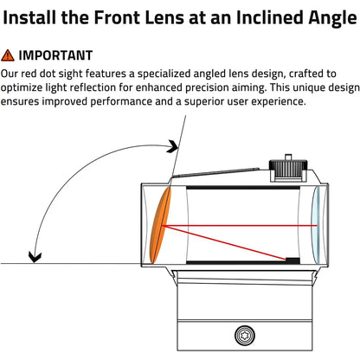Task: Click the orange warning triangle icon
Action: click(x=8, y=55)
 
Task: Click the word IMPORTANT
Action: click(x=55, y=55)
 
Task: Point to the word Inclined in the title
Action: click(x=269, y=17)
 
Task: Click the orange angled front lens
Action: click(x=160, y=225)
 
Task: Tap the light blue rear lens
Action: click(x=317, y=225)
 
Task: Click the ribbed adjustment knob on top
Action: click(x=287, y=169)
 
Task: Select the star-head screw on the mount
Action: click(x=245, y=336)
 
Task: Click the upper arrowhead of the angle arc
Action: click(x=174, y=147)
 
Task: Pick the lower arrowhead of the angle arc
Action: click(x=35, y=257)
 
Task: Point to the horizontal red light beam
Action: click(x=240, y=226)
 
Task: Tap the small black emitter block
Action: click(x=292, y=260)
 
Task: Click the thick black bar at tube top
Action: click(x=243, y=188)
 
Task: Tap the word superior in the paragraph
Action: click(x=202, y=102)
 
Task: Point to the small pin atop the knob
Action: click(x=288, y=157)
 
